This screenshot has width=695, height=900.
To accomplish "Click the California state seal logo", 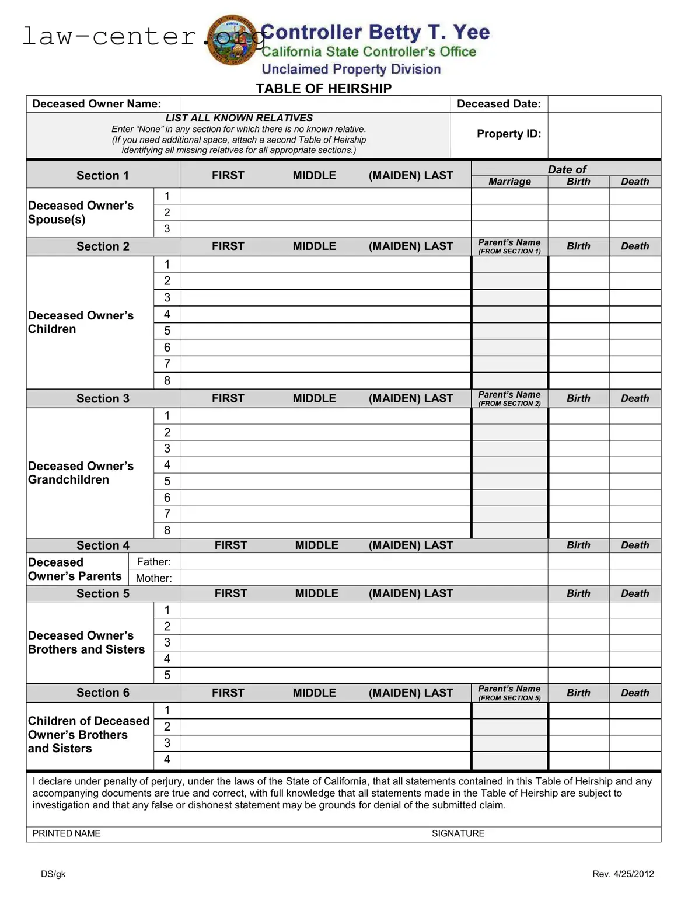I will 232,40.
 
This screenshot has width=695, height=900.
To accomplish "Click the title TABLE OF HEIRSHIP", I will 323,89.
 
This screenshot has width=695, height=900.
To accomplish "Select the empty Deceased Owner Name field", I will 315,104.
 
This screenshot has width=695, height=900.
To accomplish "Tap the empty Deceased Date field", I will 603,104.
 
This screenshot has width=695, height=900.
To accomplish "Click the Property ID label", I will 508,134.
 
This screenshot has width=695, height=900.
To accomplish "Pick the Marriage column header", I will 509,182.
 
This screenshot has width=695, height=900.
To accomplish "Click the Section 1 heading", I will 103,176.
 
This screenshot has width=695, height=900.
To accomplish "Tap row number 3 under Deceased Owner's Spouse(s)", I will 167,229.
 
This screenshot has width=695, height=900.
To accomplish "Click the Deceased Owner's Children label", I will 81,322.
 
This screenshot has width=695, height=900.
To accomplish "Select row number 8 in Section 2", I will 167,381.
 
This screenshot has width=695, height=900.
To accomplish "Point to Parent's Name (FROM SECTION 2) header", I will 509,398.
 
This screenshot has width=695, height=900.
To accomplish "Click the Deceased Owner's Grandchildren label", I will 81,473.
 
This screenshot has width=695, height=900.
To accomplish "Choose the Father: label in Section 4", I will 153,562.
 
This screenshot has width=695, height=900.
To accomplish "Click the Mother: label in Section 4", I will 153,578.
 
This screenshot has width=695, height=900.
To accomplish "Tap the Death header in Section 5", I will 634,593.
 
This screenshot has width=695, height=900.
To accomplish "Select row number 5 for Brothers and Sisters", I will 167,675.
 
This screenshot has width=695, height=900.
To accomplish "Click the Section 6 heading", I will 103,693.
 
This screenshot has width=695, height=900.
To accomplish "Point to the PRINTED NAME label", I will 67,833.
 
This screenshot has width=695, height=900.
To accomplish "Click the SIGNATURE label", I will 457,833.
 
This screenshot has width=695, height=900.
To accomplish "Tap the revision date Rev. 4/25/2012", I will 623,874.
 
